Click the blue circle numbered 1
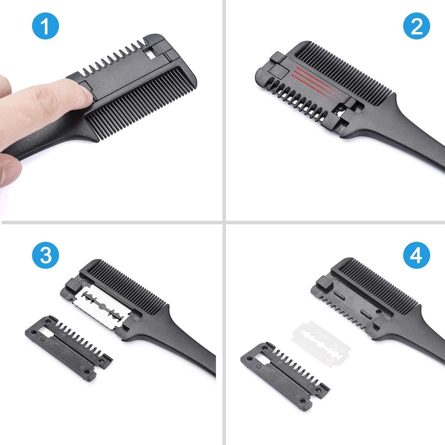[45, 27]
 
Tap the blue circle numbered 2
[417, 27]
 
